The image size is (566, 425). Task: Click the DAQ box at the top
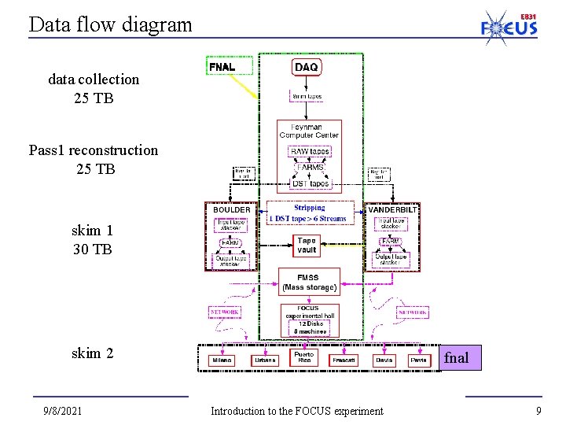[x=306, y=68]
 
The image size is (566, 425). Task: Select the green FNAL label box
[x=222, y=67]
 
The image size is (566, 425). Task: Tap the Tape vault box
[x=307, y=246]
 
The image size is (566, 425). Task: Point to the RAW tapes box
[x=310, y=151]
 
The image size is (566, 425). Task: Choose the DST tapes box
[x=310, y=183]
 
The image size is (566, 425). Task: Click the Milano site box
[x=222, y=360]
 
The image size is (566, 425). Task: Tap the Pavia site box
[x=420, y=360]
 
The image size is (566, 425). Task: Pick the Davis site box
[x=384, y=360]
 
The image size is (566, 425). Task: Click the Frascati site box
[x=343, y=360]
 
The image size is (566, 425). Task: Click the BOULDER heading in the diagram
[x=231, y=210]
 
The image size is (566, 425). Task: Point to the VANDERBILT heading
[x=393, y=210]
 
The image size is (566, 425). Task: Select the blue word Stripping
[x=309, y=208]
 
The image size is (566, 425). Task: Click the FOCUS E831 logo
[x=509, y=24]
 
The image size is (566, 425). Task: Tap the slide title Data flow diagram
[x=110, y=24]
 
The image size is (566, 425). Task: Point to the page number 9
[x=538, y=411]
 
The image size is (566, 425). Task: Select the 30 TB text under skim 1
[x=92, y=249]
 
